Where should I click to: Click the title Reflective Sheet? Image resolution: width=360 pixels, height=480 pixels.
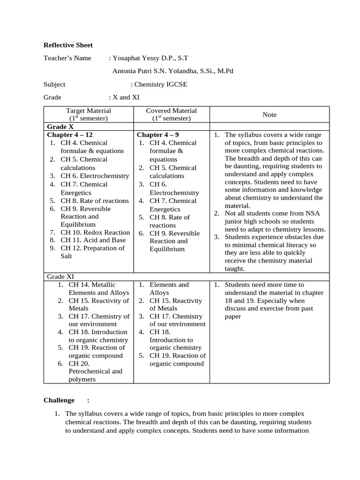pyautogui.click(x=68, y=45)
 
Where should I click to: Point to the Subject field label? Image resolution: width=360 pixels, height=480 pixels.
pyautogui.click(x=54, y=84)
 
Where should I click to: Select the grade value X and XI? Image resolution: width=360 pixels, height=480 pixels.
pyautogui.click(x=126, y=97)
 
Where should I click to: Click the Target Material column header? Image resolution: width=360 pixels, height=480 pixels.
pyautogui.click(x=89, y=111)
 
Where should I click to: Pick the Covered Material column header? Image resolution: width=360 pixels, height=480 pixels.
pyautogui.click(x=171, y=111)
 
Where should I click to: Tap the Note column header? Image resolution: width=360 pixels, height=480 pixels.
pyautogui.click(x=270, y=114)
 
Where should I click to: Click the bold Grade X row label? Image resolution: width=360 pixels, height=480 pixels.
pyautogui.click(x=60, y=127)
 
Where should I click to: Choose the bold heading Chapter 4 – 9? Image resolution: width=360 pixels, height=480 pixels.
pyautogui.click(x=158, y=135)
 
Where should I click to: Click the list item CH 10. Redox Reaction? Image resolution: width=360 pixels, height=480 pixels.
pyautogui.click(x=95, y=232)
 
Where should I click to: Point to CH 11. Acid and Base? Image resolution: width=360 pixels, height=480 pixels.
pyautogui.click(x=93, y=240)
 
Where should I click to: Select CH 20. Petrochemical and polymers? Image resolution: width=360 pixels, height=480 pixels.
pyautogui.click(x=95, y=371)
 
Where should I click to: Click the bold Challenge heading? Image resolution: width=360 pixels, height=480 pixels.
pyautogui.click(x=59, y=400)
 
